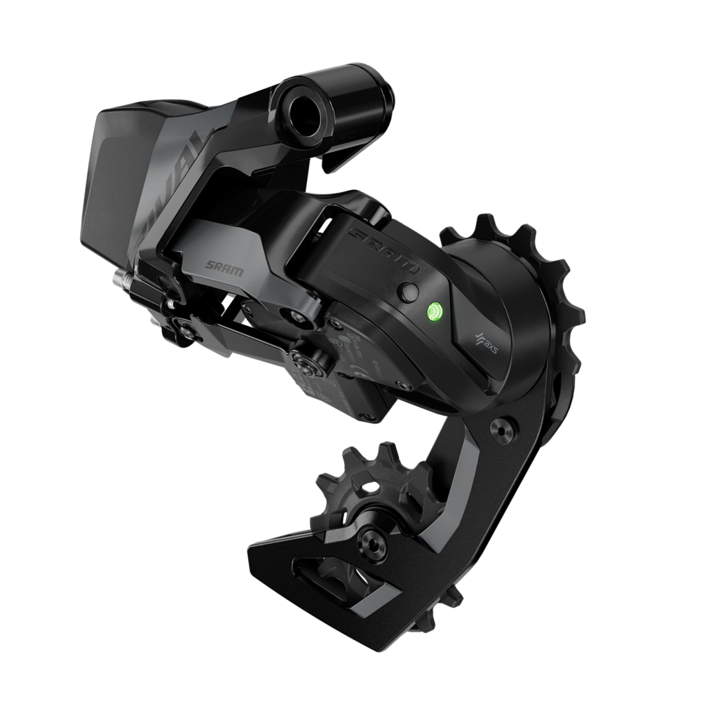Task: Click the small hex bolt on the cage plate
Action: click(505, 428)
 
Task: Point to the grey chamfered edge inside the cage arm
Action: click(456, 491)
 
